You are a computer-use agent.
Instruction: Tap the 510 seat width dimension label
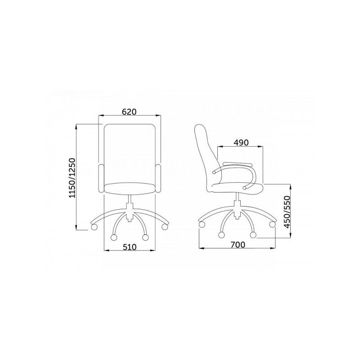130,247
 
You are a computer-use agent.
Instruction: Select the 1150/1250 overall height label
72,177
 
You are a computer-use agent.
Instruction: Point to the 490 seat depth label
241,143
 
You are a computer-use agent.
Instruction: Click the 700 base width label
238,245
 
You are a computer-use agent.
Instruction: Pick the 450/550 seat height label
287,212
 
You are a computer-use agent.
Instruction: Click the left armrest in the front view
101,178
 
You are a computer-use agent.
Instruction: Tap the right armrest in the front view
158,178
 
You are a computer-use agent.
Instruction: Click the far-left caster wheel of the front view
94,227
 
